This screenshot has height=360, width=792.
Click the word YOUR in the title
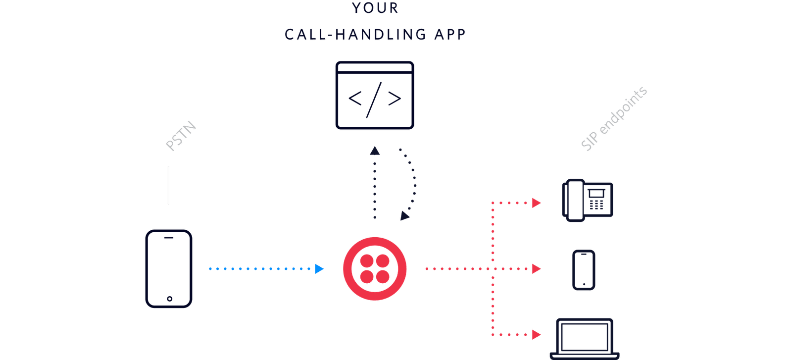click(x=375, y=8)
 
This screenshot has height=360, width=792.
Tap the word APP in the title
click(x=450, y=34)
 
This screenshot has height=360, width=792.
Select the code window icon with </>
click(x=375, y=96)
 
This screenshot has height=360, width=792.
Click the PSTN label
click(x=181, y=136)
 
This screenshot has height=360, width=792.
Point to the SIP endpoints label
click(x=614, y=119)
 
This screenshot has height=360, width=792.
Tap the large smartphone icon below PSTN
click(x=169, y=268)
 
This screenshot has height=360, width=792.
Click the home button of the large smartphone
click(x=169, y=299)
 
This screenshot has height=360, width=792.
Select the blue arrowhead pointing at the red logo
click(x=319, y=269)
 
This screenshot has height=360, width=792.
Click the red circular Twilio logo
click(x=375, y=269)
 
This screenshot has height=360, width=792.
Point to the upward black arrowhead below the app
click(x=375, y=151)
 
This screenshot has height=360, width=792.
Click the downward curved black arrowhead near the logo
click(x=405, y=215)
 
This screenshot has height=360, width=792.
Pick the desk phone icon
click(x=588, y=200)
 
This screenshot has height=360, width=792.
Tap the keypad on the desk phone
click(x=596, y=204)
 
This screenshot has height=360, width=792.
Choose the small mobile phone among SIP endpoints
click(x=584, y=269)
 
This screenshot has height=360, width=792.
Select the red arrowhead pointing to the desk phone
click(x=536, y=203)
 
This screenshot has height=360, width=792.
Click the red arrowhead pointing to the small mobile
click(x=536, y=269)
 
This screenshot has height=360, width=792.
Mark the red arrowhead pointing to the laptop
click(x=536, y=335)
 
